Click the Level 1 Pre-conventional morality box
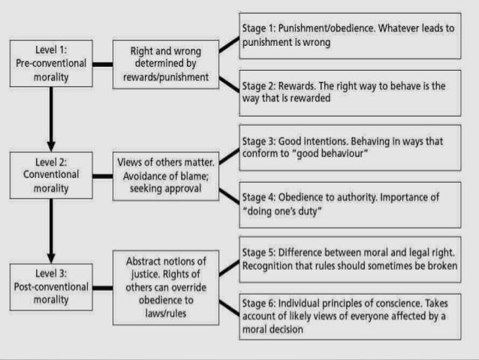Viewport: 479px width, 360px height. [x=52, y=64]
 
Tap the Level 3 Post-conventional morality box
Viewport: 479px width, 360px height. [x=52, y=286]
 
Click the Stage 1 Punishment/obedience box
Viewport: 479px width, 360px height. [x=349, y=35]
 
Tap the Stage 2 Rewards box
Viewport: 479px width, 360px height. [x=349, y=92]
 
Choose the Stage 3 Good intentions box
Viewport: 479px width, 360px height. [x=349, y=147]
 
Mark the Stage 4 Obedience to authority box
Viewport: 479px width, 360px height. [x=349, y=204]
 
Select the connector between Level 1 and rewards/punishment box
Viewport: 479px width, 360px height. [x=102, y=64]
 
